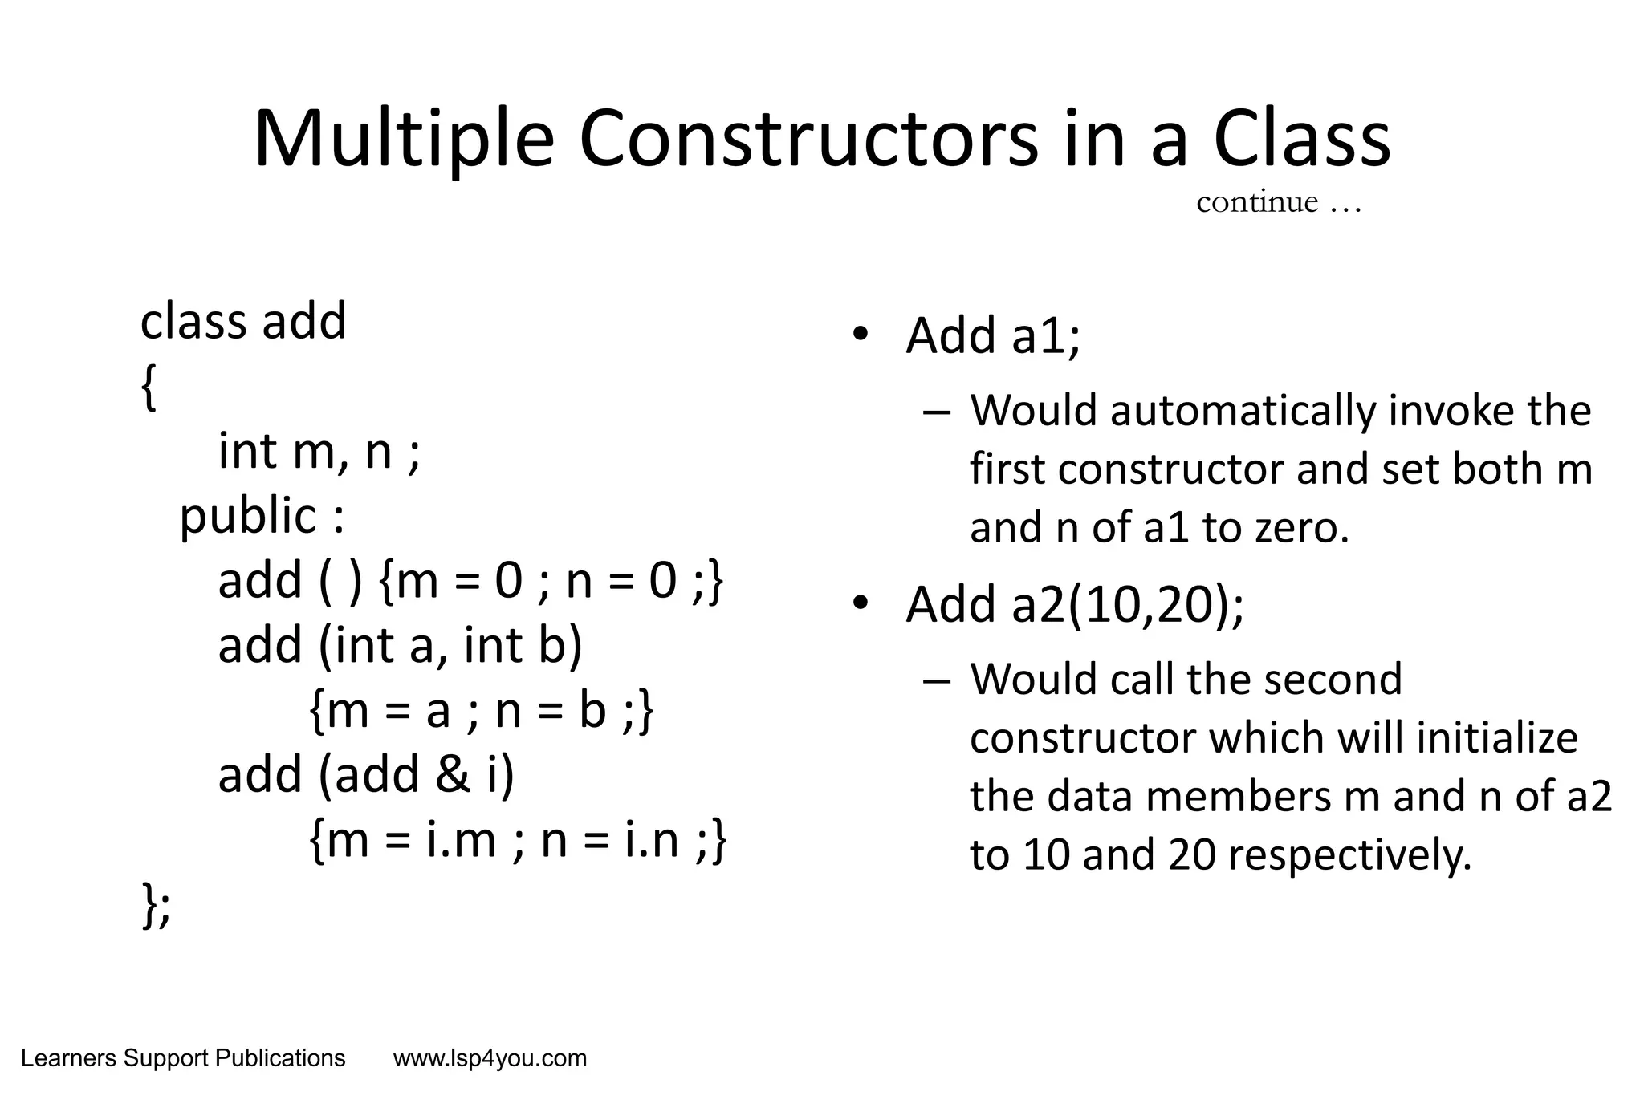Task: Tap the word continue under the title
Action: pyautogui.click(x=1257, y=202)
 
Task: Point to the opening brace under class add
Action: pyautogui.click(x=149, y=388)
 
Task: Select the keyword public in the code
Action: pyautogui.click(x=248, y=516)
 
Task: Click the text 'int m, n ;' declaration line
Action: pyautogui.click(x=319, y=451)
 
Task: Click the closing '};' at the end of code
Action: pyautogui.click(x=157, y=905)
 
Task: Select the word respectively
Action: pyautogui.click(x=1351, y=855)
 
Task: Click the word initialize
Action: pyautogui.click(x=1497, y=738)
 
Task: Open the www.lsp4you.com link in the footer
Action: pyautogui.click(x=490, y=1059)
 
